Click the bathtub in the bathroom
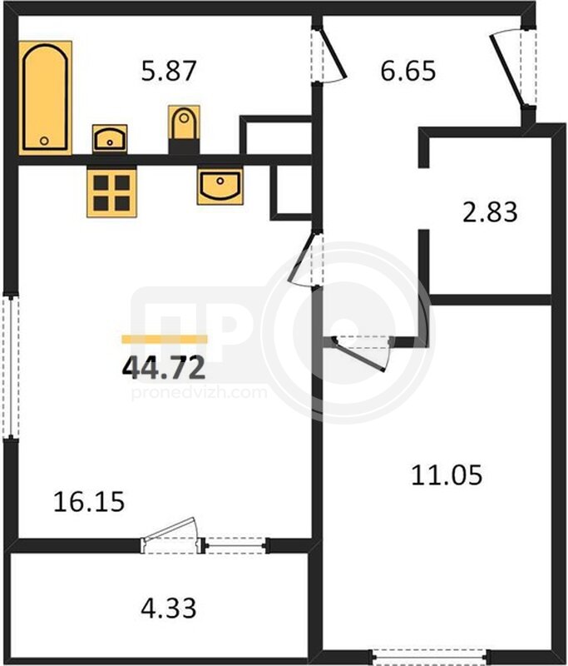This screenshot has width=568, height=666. tap(45, 97)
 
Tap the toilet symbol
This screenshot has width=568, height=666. tap(184, 122)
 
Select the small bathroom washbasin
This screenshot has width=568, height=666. tap(110, 138)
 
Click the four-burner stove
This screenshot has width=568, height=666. tap(112, 192)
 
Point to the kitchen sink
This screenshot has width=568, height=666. tap(220, 186)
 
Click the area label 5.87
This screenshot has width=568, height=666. tap(169, 71)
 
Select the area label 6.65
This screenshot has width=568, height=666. tap(408, 71)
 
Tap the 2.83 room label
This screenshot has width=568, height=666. tap(490, 212)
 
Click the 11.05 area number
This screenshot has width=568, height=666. tap(447, 475)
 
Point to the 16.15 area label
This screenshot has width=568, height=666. tap(89, 502)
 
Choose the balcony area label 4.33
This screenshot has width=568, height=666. tap(169, 608)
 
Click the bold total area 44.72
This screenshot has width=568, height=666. tap(164, 367)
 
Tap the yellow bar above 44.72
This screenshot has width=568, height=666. tap(165, 339)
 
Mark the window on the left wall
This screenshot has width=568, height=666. tap(11, 366)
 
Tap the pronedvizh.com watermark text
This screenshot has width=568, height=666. tap(199, 393)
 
